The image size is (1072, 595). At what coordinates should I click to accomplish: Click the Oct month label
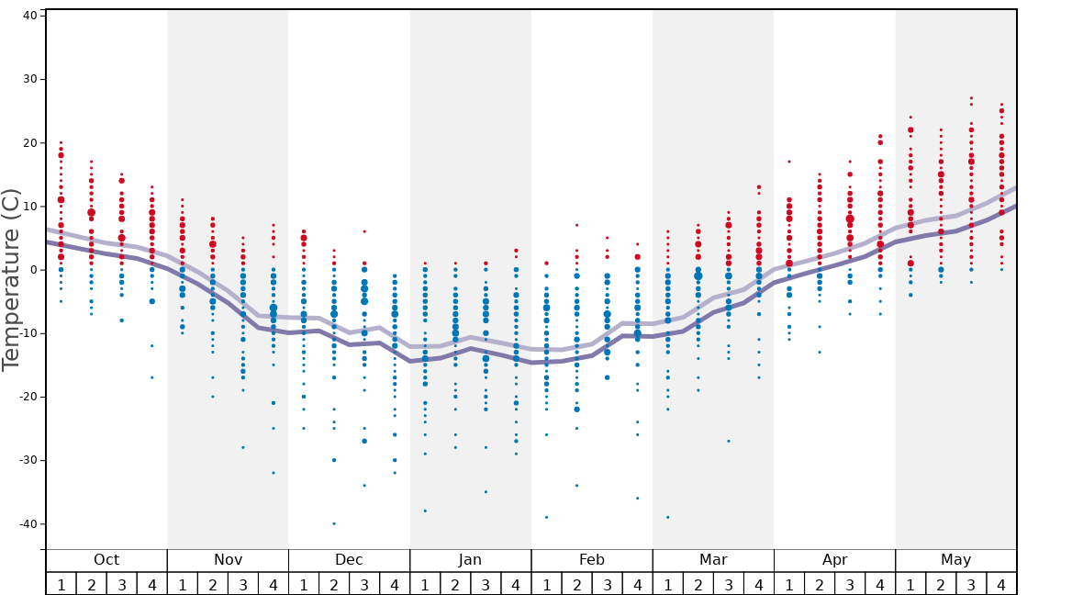tap(106, 560)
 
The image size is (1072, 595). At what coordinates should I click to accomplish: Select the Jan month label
tap(470, 560)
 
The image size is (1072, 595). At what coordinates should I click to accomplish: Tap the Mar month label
tap(713, 560)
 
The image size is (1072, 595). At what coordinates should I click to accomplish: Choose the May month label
tap(955, 560)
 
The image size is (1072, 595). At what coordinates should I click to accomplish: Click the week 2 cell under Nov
tap(213, 584)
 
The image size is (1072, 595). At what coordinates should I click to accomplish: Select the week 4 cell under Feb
tap(637, 584)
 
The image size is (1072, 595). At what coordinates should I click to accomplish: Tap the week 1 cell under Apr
tap(789, 584)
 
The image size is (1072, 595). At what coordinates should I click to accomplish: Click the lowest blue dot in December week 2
tap(334, 523)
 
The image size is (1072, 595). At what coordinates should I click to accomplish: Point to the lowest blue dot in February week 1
tap(546, 517)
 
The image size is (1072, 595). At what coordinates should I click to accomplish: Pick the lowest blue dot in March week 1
tap(667, 517)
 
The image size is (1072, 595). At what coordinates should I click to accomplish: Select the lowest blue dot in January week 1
tap(425, 511)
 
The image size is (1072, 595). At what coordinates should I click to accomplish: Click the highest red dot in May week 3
tap(971, 97)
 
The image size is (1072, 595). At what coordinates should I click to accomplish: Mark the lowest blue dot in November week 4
tap(274, 473)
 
